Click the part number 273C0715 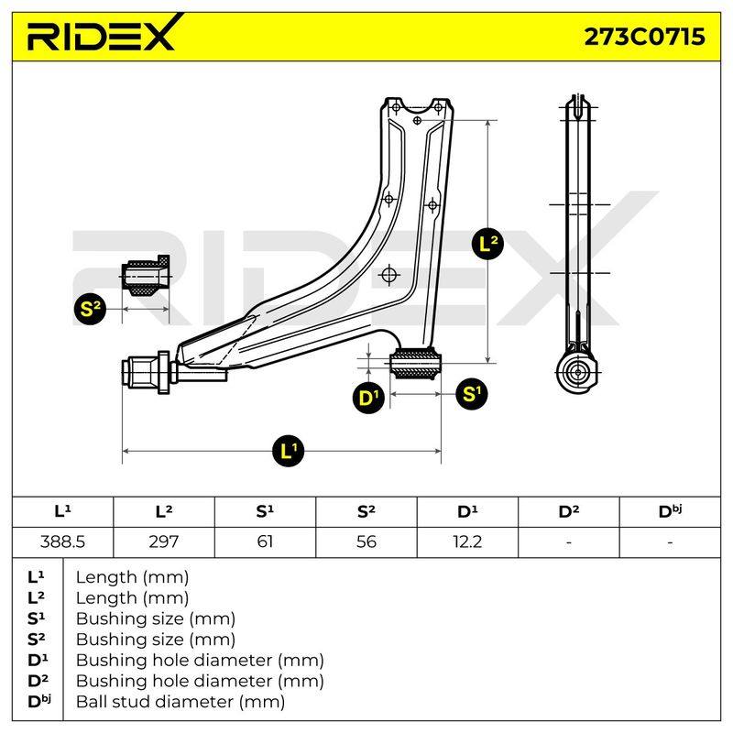[x=645, y=37]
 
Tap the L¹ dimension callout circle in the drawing [x=288, y=451]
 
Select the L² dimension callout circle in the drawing [x=488, y=244]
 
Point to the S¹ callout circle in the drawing [x=471, y=394]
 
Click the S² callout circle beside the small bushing [x=90, y=309]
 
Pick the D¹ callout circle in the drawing [x=368, y=398]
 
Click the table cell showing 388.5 [x=62, y=542]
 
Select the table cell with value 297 [x=164, y=542]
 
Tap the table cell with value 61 [x=265, y=542]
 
